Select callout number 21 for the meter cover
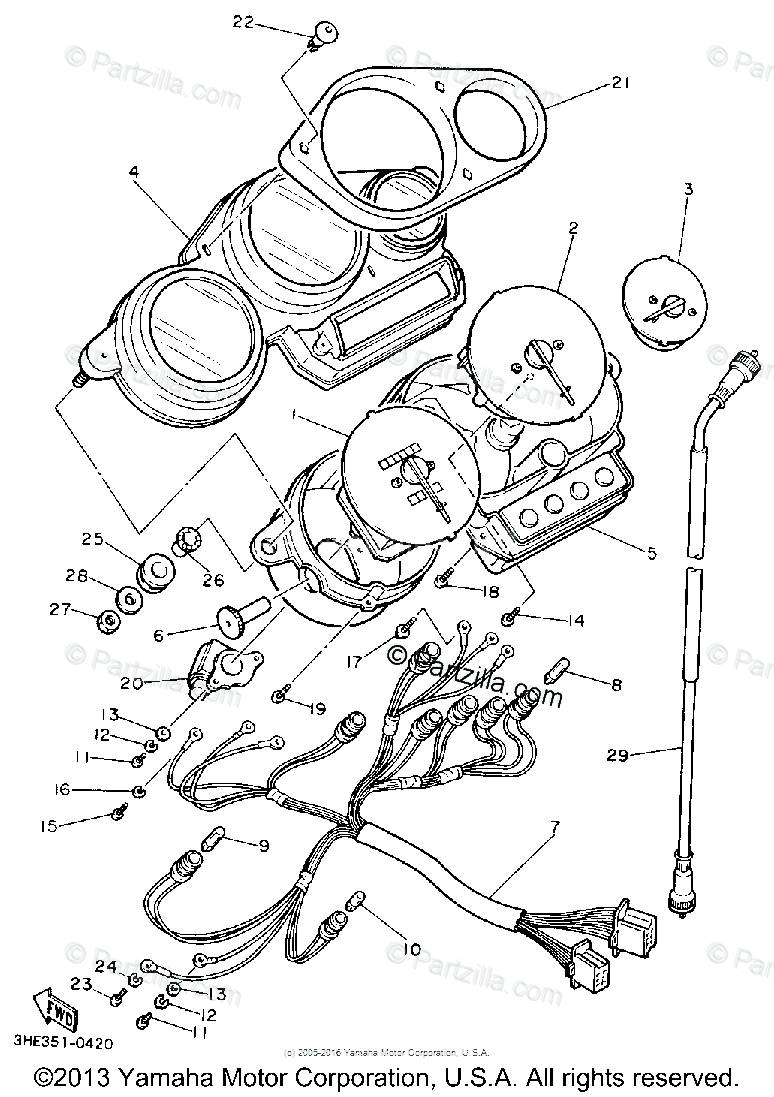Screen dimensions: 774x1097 [621, 84]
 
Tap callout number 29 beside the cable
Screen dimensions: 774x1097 [618, 755]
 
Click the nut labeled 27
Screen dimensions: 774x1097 [109, 623]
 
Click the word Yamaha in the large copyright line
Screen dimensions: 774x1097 [169, 1078]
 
